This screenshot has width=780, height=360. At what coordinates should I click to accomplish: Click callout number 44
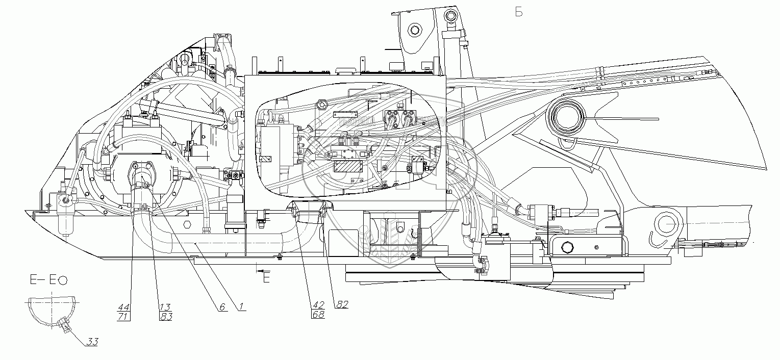(x=123, y=307)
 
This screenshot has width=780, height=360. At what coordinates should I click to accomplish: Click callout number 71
(x=123, y=317)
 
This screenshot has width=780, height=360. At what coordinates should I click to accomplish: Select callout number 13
(x=165, y=307)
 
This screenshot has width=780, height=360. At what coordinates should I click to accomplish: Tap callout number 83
(x=165, y=317)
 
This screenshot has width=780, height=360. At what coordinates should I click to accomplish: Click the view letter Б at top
(x=519, y=13)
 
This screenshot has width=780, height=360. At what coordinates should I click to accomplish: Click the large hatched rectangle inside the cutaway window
(x=347, y=166)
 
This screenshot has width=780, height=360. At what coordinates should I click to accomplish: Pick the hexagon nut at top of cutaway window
(x=322, y=106)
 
